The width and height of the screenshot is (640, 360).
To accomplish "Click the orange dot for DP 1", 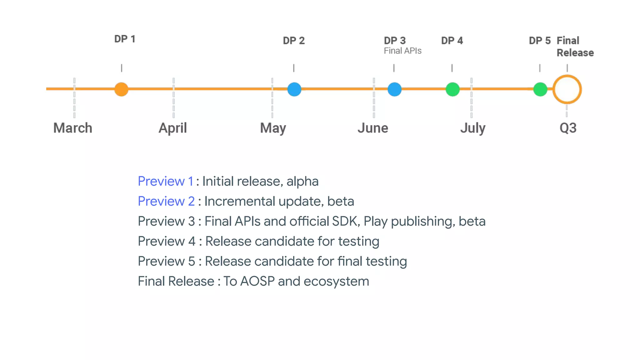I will pos(121,89).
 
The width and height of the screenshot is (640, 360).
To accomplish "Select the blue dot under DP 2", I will pos(294,89).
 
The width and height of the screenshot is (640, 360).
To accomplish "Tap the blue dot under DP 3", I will pos(394,89).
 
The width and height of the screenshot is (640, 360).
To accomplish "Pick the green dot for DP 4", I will pos(452,89).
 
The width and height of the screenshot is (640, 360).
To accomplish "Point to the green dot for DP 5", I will pos(540,89).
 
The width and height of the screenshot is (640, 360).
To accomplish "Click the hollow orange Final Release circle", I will pos(567,89).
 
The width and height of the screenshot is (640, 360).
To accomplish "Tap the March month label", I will pos(73,128).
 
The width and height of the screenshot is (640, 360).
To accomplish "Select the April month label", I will pos(173,128).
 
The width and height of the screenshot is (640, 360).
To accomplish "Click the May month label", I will pos(273,128).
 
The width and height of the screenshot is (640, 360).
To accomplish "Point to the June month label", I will pos(373,128).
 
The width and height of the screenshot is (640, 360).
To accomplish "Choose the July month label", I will pos(473,128).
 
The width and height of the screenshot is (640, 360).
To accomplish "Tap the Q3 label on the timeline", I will pos(568,128).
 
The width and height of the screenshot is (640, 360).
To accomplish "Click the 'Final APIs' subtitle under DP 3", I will pos(402,51).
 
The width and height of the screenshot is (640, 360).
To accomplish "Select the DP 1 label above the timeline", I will pos(125,39).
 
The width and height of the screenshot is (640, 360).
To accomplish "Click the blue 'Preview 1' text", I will pos(166,181).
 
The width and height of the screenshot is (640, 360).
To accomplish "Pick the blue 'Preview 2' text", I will pos(166,201).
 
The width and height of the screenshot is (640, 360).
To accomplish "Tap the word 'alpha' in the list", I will pos(302,181).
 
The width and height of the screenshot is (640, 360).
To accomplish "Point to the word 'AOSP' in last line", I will pos(257,281).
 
